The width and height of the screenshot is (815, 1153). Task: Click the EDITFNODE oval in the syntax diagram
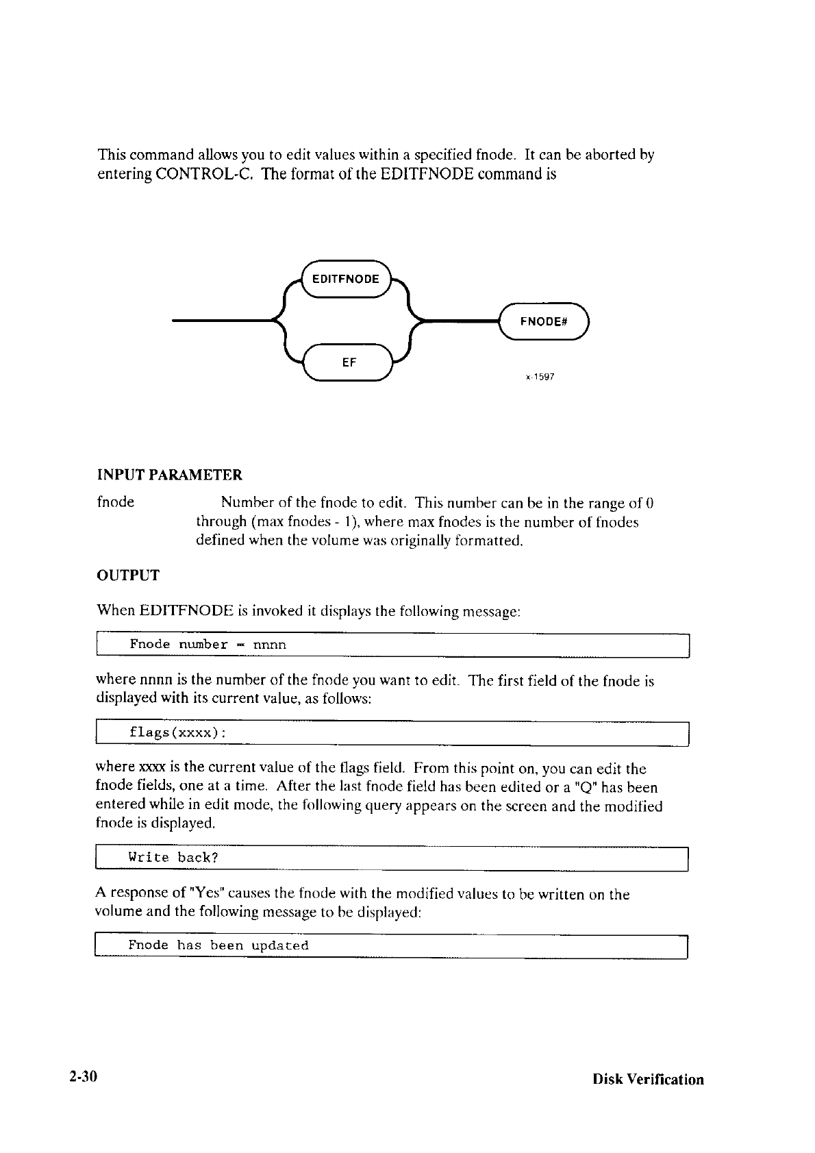pos(345,280)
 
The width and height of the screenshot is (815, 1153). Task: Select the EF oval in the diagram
pos(349,362)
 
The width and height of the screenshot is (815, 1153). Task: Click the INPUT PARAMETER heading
pos(170,475)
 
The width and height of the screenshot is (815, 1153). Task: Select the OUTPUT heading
pos(129,575)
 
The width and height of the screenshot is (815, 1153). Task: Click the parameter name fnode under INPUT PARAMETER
pos(116,502)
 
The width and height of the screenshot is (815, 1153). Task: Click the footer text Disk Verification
pos(648,1080)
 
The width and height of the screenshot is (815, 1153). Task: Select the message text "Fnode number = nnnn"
pos(208,645)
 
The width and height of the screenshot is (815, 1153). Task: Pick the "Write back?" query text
pos(173,858)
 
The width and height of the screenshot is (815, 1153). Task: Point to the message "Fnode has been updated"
pos(218,945)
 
